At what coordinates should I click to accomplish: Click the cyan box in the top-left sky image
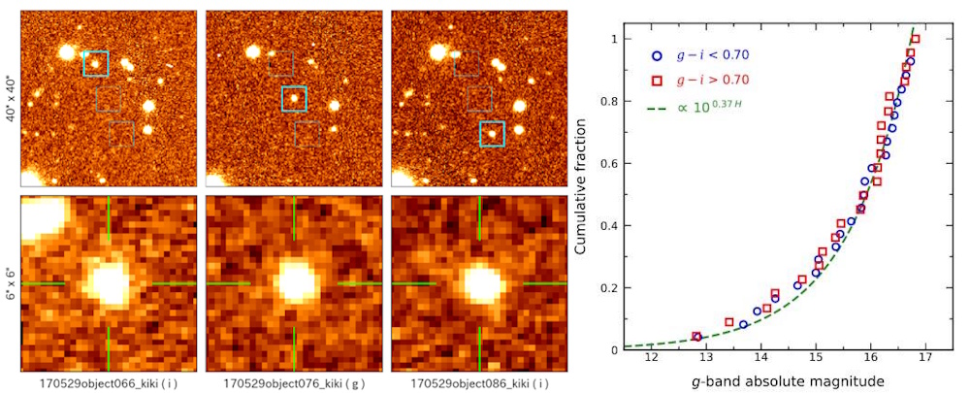pyautogui.click(x=96, y=63)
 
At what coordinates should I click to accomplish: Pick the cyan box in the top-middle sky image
pyautogui.click(x=294, y=99)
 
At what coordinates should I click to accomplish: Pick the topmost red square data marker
pyautogui.click(x=915, y=40)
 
